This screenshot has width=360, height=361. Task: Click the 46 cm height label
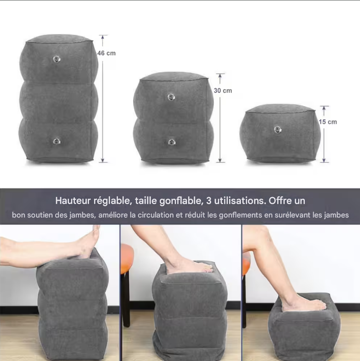click(107, 53)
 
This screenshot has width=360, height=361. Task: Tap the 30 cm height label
click(223, 90)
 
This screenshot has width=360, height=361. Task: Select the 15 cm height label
click(328, 122)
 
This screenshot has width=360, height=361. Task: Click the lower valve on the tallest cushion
click(56, 141)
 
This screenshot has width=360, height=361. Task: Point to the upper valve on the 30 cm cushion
click(171, 97)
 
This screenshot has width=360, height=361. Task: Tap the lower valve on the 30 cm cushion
click(171, 142)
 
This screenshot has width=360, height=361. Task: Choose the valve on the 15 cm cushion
click(278, 130)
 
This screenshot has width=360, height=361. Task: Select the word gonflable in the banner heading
click(180, 201)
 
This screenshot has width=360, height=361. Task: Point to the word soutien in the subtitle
click(43, 215)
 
